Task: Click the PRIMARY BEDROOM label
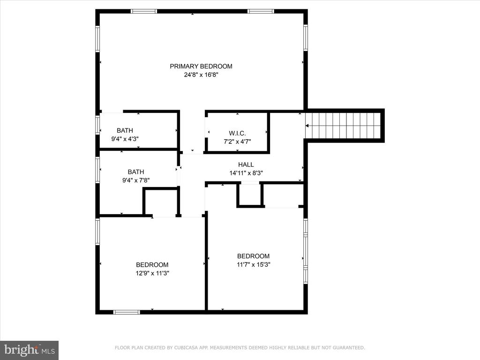(x=201, y=66)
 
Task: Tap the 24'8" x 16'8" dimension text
(x=201, y=75)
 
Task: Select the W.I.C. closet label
(x=237, y=133)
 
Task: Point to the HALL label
(x=246, y=165)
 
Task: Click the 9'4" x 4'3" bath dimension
(x=125, y=139)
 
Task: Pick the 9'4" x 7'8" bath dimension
(x=136, y=180)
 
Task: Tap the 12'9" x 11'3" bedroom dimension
(x=152, y=273)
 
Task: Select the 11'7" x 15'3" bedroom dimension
(x=253, y=264)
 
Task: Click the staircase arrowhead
(x=307, y=126)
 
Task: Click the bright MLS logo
(x=30, y=350)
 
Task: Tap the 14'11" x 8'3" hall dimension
(x=246, y=173)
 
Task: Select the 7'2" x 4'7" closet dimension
(x=237, y=142)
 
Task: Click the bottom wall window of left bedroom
(x=127, y=312)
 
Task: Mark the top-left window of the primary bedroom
(x=144, y=11)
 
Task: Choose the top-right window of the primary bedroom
(x=261, y=11)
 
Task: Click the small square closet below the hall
(x=250, y=195)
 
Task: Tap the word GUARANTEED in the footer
(x=349, y=348)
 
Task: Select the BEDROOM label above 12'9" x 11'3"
(x=152, y=265)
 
